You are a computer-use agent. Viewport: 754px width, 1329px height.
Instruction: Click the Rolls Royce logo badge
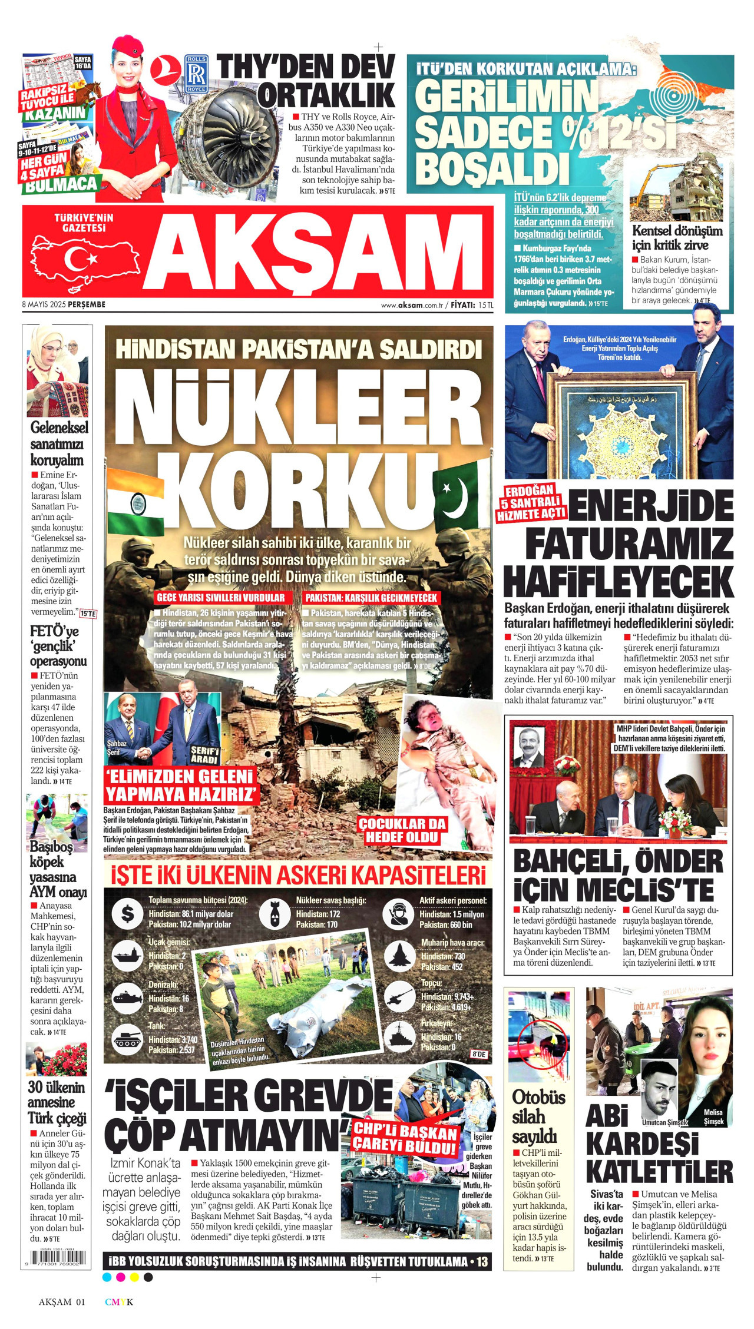(x=196, y=74)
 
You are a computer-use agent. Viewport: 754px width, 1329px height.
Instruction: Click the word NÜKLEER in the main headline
(x=299, y=409)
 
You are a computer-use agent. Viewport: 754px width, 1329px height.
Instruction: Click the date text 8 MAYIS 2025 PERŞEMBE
(x=64, y=304)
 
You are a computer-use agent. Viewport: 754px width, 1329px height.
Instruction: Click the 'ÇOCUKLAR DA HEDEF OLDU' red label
(x=403, y=830)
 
